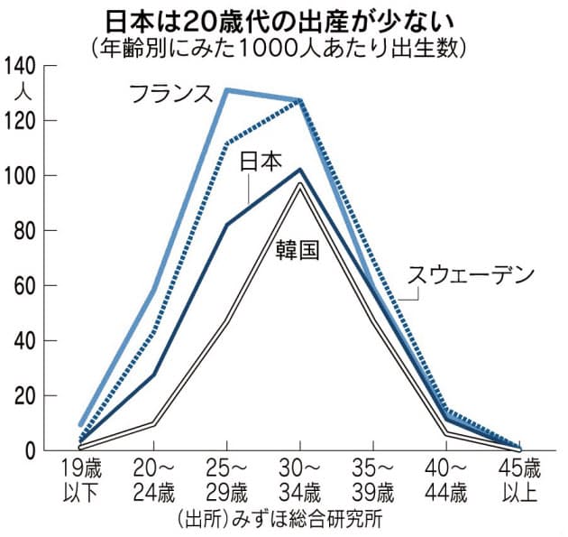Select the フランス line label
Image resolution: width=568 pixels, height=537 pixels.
[x=170, y=93]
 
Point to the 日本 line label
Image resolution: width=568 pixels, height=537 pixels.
[x=261, y=162]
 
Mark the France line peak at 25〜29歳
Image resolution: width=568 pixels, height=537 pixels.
[x=225, y=90]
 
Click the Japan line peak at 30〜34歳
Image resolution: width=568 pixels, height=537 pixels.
[x=299, y=170]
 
